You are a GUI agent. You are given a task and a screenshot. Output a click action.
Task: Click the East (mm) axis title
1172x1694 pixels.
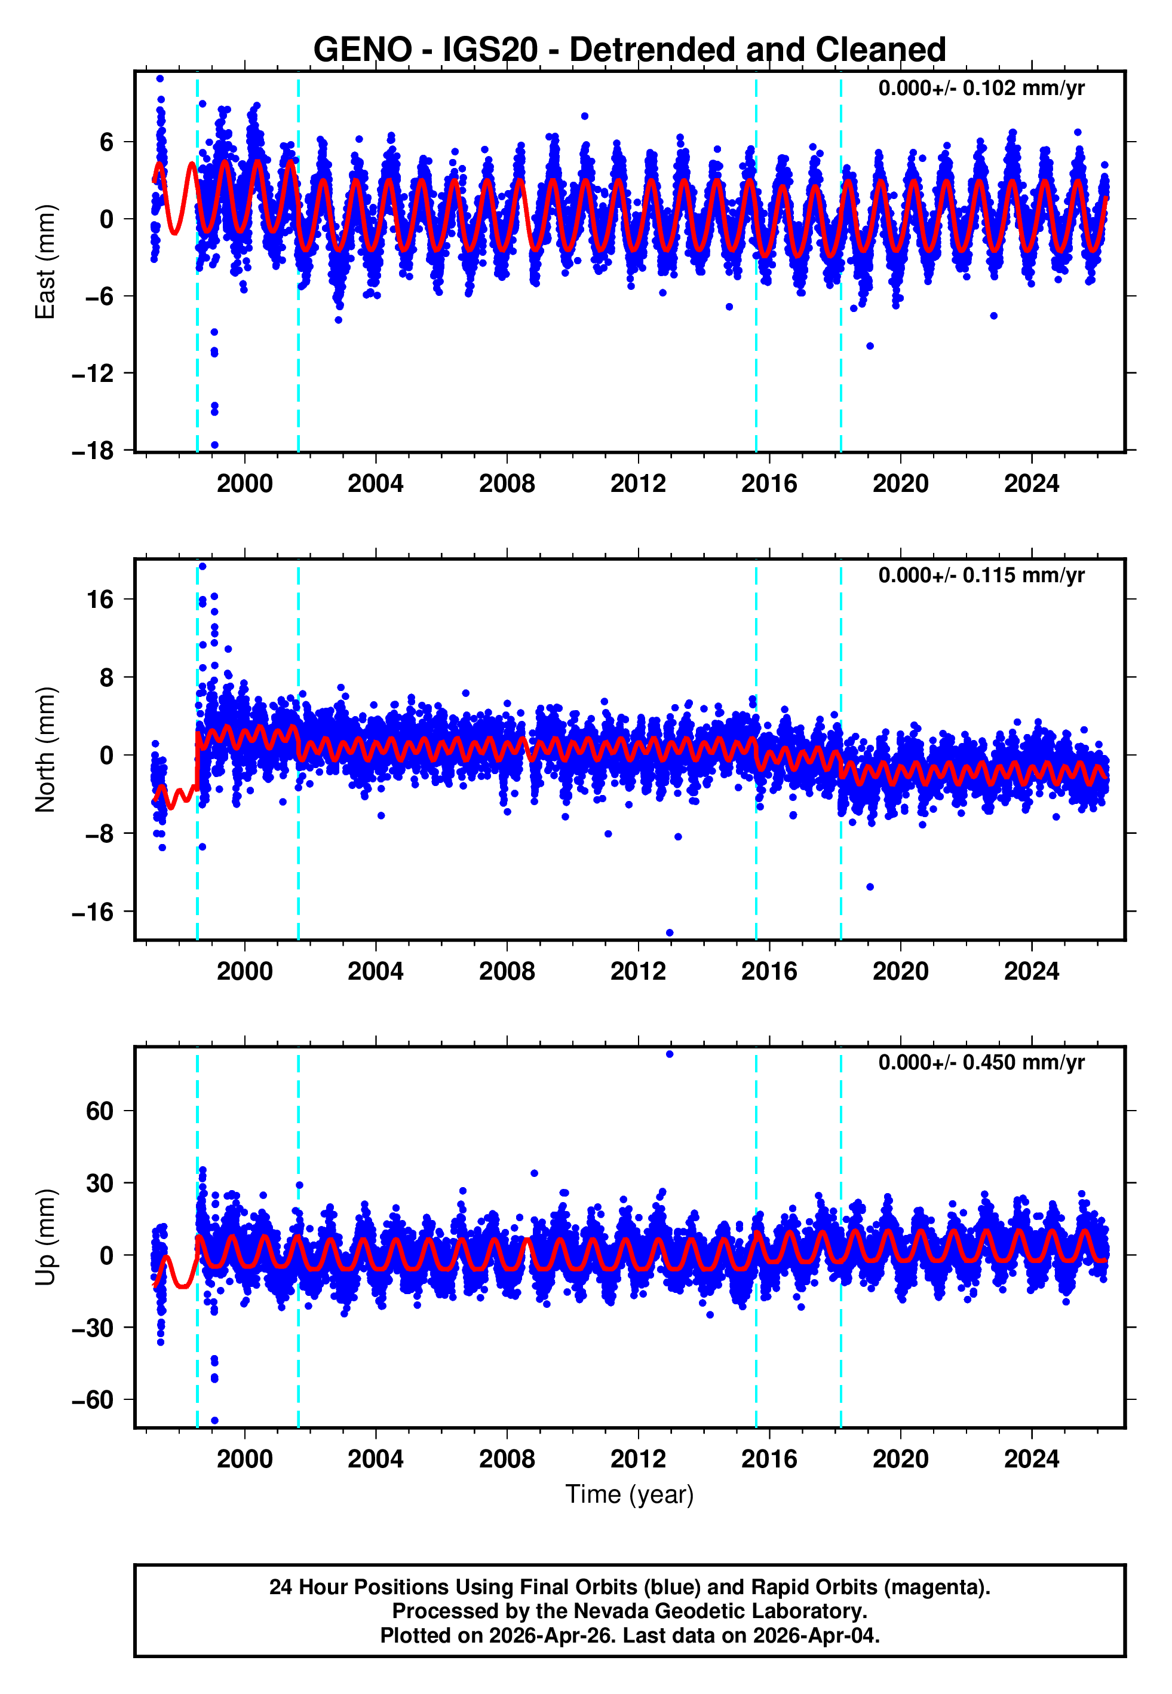click(45, 262)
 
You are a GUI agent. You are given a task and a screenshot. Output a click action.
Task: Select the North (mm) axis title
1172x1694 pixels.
click(45, 750)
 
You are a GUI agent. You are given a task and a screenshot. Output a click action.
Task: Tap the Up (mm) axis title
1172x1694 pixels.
click(45, 1237)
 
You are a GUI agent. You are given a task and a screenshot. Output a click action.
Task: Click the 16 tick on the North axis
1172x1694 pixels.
click(100, 600)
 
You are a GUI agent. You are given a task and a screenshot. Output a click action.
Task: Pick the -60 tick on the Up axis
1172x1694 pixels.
click(93, 1400)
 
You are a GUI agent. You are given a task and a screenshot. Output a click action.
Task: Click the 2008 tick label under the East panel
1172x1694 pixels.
click(506, 484)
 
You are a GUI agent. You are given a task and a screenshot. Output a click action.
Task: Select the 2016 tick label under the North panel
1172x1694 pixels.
click(768, 972)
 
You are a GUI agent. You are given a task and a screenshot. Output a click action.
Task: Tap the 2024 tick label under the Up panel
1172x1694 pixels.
click(1031, 1459)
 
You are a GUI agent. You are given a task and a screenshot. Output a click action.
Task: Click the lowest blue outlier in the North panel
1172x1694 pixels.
click(669, 933)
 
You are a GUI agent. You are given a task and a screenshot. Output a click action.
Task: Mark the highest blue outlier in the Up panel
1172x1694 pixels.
click(669, 1054)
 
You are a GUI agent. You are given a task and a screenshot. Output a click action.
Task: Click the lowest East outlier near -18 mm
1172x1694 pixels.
click(214, 445)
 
